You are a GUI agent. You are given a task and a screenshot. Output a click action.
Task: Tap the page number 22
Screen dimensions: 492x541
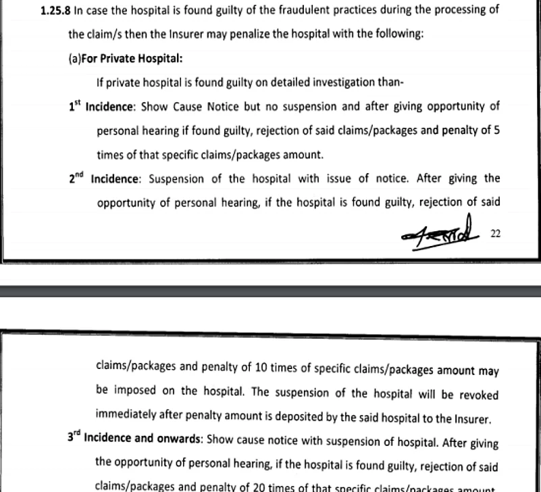click(x=495, y=233)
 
